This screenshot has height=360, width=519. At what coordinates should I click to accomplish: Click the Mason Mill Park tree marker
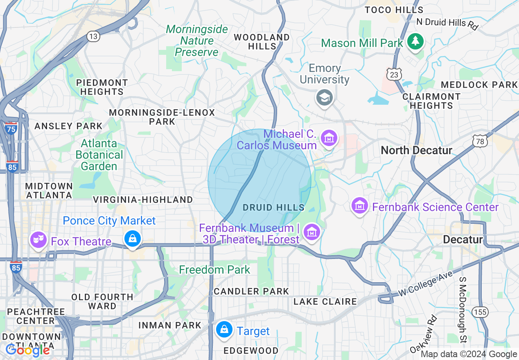pyautogui.click(x=415, y=41)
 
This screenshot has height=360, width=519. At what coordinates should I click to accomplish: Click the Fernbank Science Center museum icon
pyautogui.click(x=360, y=205)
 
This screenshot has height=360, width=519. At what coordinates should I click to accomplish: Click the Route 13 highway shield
pyautogui.click(x=93, y=36)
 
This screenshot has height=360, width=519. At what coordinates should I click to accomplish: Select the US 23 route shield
pyautogui.click(x=394, y=74)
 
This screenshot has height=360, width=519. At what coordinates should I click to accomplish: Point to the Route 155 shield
pyautogui.click(x=480, y=312)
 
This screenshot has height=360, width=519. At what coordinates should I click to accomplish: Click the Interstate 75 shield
pyautogui.click(x=11, y=129)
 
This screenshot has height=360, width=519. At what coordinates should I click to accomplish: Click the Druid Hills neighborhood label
pyautogui.click(x=273, y=207)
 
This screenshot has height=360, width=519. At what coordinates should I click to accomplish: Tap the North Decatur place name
pyautogui.click(x=416, y=150)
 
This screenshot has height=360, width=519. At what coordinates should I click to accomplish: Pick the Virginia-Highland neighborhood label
pyautogui.click(x=143, y=200)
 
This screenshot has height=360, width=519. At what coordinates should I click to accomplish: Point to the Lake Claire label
pyautogui.click(x=325, y=301)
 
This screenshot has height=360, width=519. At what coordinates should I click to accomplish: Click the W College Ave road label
pyautogui.click(x=425, y=284)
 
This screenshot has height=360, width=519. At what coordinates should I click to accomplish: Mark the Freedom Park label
pyautogui.click(x=214, y=270)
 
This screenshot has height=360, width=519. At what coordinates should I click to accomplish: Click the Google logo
pyautogui.click(x=27, y=350)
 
